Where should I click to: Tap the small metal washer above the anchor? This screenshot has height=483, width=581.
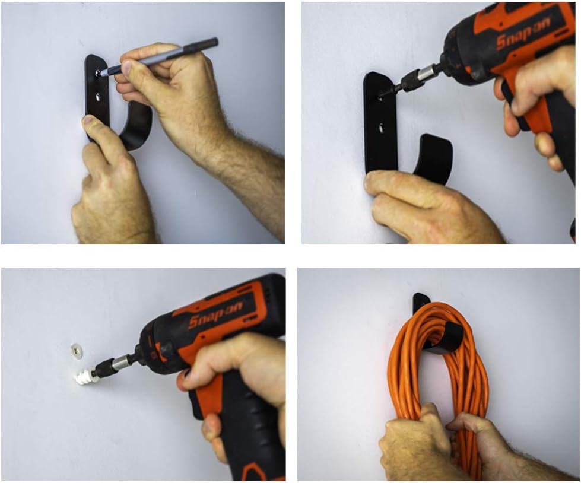point(75,350)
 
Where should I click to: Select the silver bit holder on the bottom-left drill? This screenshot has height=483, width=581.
point(122,363)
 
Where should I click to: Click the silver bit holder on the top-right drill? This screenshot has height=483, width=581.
point(426,74)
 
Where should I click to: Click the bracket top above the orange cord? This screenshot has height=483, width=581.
point(421,300)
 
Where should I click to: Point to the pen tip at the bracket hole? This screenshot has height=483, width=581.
point(99,73)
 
